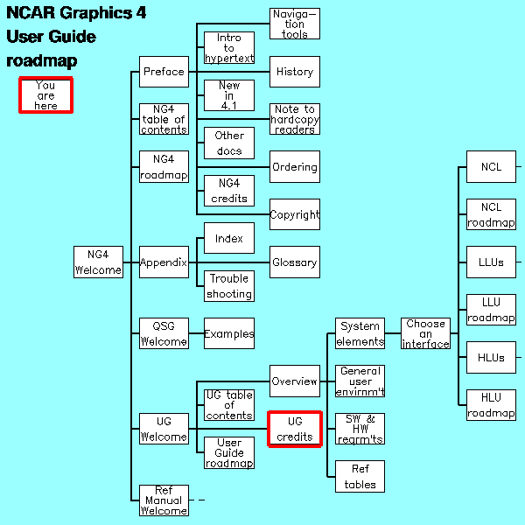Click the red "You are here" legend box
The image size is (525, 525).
click(x=45, y=94)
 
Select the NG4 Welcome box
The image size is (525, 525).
click(x=98, y=262)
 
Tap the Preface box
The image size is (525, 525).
click(x=164, y=72)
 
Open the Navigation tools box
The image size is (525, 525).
click(x=294, y=24)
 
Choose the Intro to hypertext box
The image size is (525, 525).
click(x=229, y=48)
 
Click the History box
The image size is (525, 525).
click(x=294, y=72)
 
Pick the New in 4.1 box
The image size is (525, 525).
click(x=229, y=95)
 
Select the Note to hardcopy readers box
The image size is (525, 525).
click(x=294, y=119)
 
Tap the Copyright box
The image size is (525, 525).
click(x=294, y=214)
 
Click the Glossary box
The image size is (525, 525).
click(x=294, y=262)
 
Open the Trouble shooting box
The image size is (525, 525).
click(x=229, y=286)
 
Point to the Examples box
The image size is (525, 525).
click(x=229, y=333)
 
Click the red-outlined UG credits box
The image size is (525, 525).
click(x=294, y=429)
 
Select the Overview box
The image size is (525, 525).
click(x=294, y=381)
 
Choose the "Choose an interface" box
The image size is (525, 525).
click(x=425, y=333)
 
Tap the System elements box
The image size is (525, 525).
click(x=360, y=333)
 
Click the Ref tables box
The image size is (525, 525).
click(x=360, y=477)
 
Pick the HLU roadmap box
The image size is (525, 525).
click(x=490, y=405)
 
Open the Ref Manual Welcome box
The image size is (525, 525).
click(x=164, y=500)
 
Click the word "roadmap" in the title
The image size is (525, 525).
click(x=42, y=61)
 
